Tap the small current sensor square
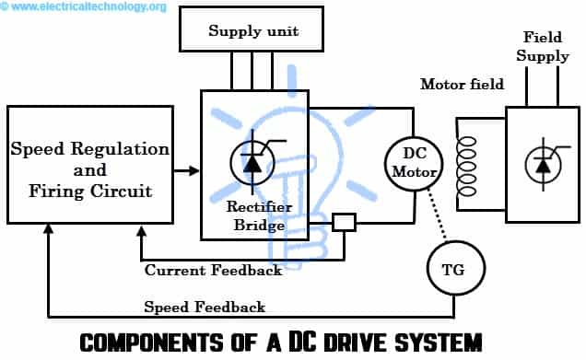click(x=344, y=222)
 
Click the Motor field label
click(x=463, y=85)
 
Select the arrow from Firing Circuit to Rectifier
click(x=187, y=169)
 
